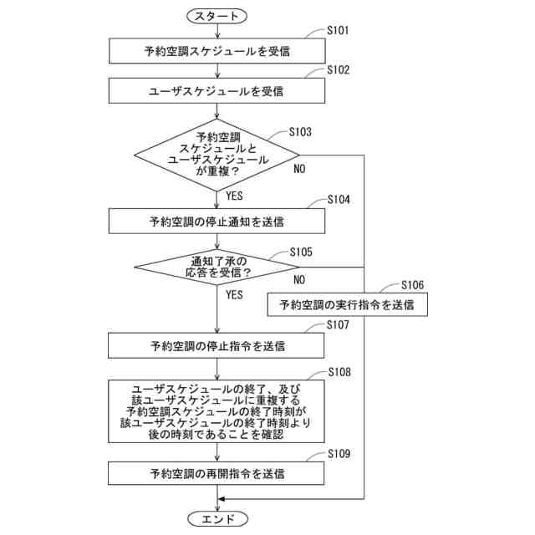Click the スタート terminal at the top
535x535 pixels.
click(x=217, y=16)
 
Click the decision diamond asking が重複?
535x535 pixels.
click(x=217, y=155)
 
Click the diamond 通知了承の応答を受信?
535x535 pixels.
click(x=217, y=267)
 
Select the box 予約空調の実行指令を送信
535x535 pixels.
click(x=347, y=305)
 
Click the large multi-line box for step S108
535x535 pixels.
click(x=217, y=411)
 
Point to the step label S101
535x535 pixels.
click(x=339, y=31)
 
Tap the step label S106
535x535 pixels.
click(x=412, y=285)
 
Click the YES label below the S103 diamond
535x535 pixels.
click(x=234, y=196)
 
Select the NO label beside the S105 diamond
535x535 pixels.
click(x=298, y=279)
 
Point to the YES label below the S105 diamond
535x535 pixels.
click(x=234, y=295)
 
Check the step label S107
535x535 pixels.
click(x=339, y=324)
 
